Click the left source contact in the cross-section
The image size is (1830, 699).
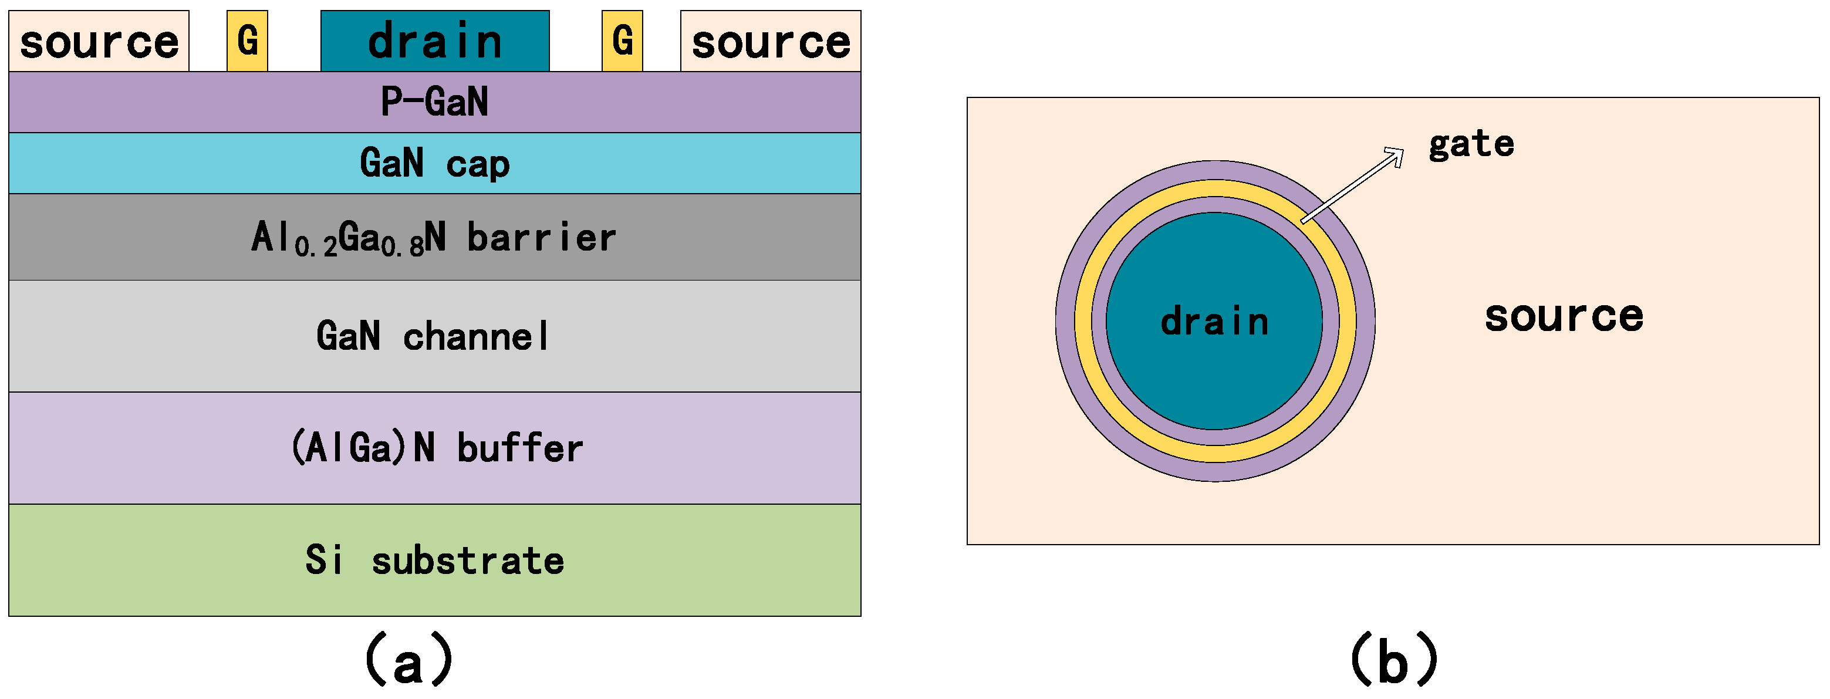pos(99,41)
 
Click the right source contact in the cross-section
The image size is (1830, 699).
pos(770,41)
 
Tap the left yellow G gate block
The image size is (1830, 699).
pos(247,40)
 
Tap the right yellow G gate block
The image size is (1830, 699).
pos(622,40)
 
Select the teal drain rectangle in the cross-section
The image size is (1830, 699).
pos(435,40)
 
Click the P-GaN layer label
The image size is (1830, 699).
pos(435,102)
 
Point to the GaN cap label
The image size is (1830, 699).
pos(435,163)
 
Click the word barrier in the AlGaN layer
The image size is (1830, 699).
pos(541,237)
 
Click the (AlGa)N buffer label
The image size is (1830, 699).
pos(436,448)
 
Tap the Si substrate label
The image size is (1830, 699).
pos(435,560)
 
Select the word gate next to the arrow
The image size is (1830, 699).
pos(1471,144)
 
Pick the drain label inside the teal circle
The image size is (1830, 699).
pos(1215,321)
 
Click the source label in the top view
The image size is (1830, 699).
pos(1564,316)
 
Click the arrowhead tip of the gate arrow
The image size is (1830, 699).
pos(1403,149)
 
